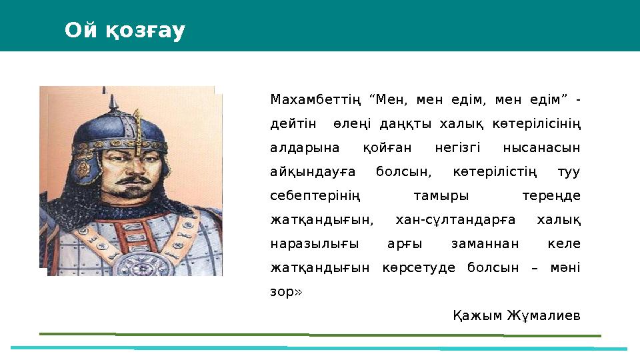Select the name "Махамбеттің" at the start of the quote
(x=315, y=100)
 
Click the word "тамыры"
(x=441, y=196)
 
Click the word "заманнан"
(x=482, y=244)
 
